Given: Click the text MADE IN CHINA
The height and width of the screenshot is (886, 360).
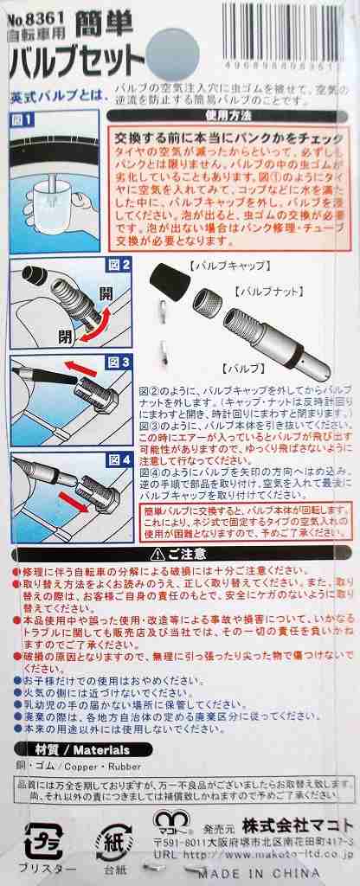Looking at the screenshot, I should click(x=294, y=873).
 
